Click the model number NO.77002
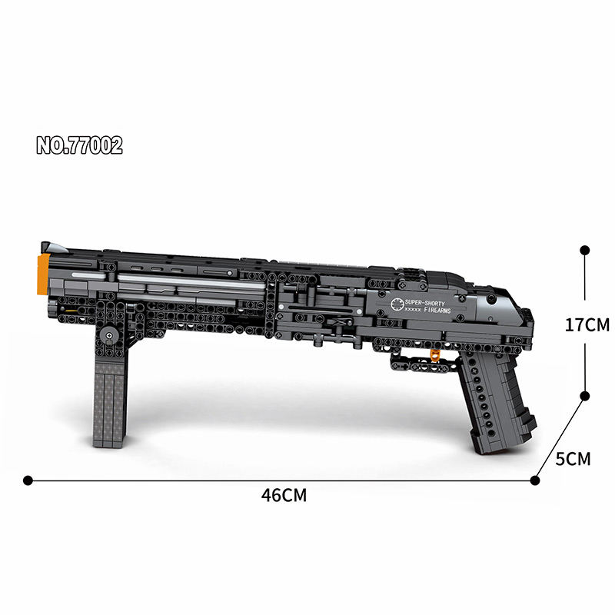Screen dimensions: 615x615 pos(79,145)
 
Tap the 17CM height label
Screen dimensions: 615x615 pos(587,324)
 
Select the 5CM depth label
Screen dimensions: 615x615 pos(573,459)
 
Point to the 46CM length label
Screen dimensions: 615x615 pos(284,496)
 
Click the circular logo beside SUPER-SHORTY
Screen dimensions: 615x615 pos(398,305)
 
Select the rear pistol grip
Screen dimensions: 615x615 pos(499,404)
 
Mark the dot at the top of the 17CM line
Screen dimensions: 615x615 pos(584,251)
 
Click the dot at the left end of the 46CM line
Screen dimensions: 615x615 pos(28,480)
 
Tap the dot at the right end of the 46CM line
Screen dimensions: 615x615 pos(535,480)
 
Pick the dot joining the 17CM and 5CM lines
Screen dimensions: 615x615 pos(584,396)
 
